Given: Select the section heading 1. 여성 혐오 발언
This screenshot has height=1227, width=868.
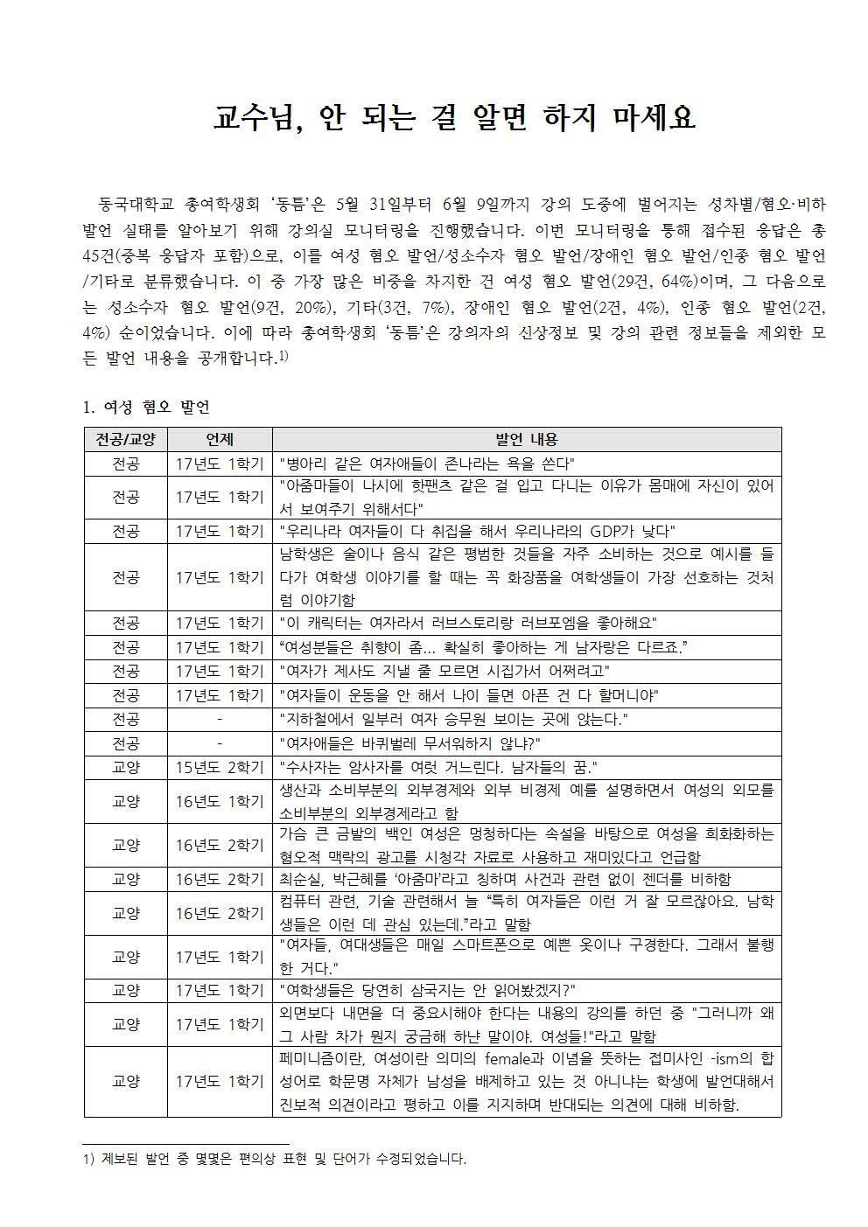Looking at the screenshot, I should [x=145, y=408].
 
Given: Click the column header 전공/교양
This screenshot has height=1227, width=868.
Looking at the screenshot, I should [x=125, y=439].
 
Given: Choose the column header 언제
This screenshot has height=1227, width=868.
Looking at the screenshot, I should [x=219, y=439].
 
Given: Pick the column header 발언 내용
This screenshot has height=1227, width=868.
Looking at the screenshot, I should [x=526, y=439].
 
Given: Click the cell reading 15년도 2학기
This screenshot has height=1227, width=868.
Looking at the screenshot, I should [x=219, y=768].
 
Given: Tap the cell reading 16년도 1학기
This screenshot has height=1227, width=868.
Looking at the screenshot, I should [x=219, y=801].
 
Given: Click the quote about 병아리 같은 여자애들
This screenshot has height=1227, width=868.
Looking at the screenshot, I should [x=426, y=464].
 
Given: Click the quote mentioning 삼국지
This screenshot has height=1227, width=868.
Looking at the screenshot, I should [x=426, y=990].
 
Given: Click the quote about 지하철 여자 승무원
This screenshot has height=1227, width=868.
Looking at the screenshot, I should [x=453, y=720].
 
